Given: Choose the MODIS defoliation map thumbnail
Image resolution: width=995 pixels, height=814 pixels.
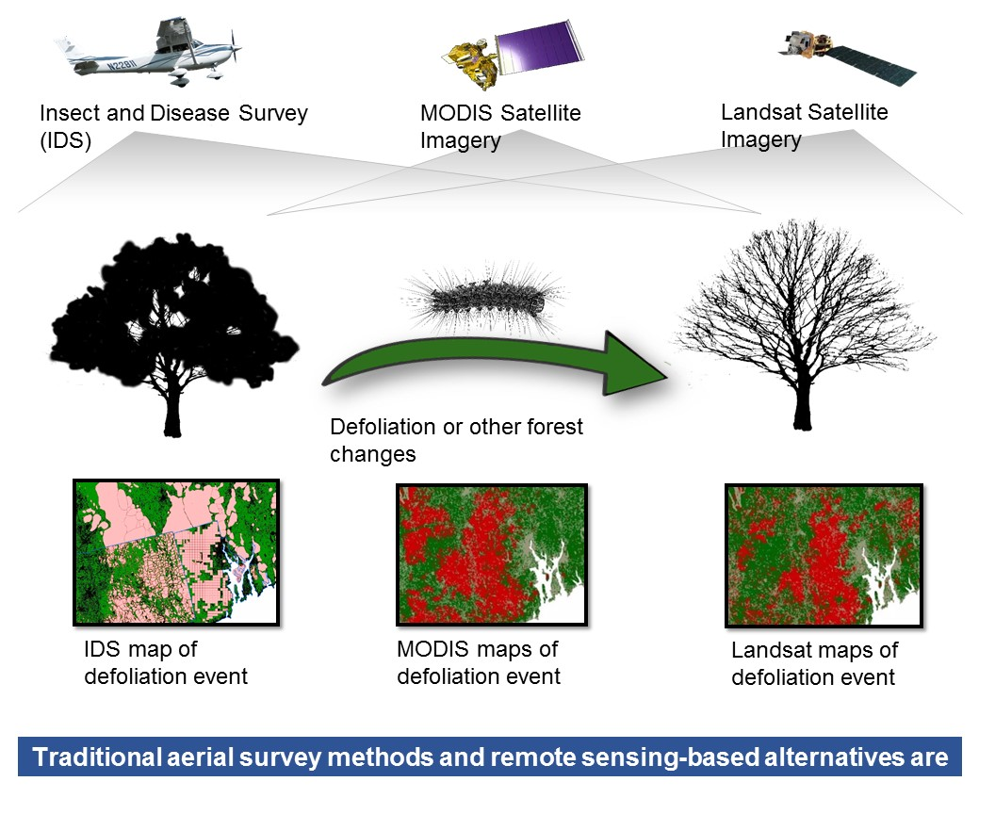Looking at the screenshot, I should (492, 555).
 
